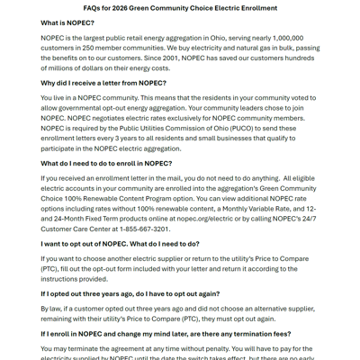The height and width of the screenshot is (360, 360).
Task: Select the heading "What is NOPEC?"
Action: tap(67, 22)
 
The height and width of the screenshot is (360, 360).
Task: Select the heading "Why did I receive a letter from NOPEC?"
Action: tap(103, 83)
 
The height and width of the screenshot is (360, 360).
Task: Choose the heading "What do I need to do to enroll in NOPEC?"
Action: tap(106, 164)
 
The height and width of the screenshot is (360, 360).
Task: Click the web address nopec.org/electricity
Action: tap(202, 219)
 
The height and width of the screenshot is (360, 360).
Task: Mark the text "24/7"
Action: tap(308, 219)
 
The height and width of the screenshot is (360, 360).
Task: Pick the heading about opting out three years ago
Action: tap(130, 293)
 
